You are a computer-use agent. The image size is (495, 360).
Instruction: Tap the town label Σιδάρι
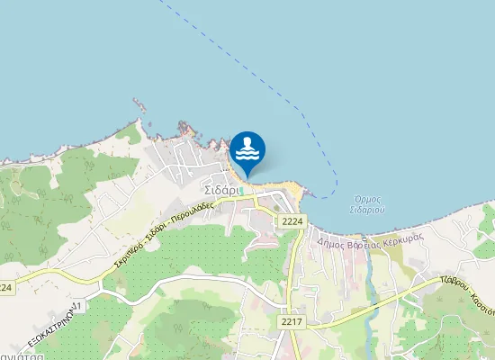point(220,191)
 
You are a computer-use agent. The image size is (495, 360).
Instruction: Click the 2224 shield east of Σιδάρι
point(292,221)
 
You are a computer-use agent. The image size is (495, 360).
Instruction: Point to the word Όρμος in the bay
point(369,199)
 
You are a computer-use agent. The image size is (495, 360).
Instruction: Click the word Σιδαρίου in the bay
point(369,210)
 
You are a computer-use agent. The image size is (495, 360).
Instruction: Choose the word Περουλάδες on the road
point(193,213)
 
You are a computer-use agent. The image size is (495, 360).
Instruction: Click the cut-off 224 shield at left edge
point(5,287)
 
